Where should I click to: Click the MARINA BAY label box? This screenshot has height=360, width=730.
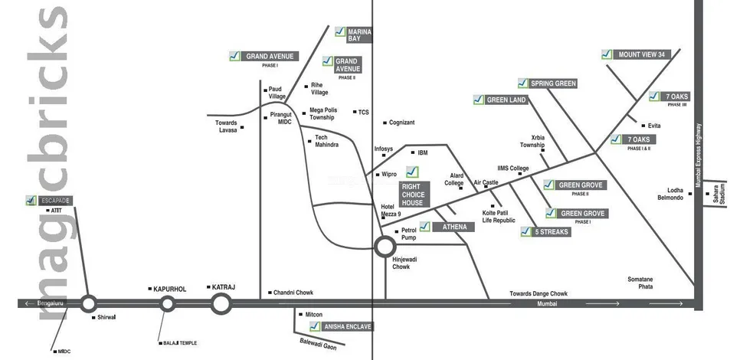coord(359,34)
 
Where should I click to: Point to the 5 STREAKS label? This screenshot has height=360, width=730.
coord(552,231)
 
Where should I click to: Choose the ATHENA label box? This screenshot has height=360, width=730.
coord(448,227)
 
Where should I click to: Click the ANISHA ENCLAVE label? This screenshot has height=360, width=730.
coord(347,326)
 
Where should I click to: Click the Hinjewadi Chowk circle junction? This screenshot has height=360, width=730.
coord(385,246)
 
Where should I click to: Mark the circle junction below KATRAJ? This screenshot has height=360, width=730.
coord(221,304)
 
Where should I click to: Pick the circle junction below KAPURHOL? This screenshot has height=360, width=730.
coord(167,304)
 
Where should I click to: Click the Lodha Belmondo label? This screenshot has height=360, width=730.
coord(669,194)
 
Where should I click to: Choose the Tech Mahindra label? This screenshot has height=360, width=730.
coord(326,141)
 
